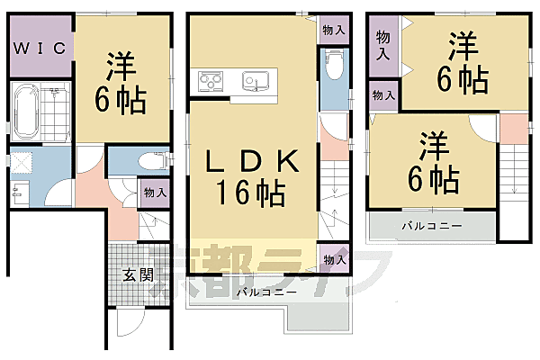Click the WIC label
click(40, 49)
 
